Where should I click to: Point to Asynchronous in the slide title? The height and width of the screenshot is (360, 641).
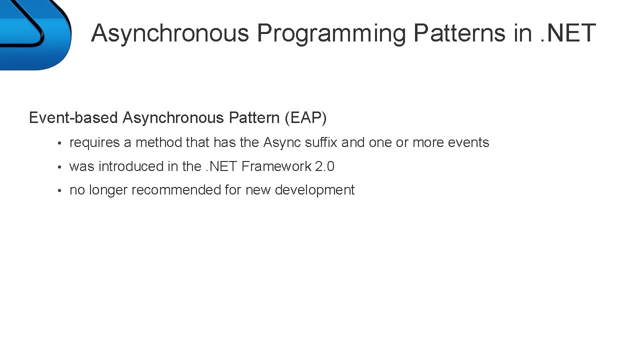pyautogui.click(x=170, y=33)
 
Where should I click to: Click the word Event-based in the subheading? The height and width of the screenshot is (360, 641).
pyautogui.click(x=73, y=118)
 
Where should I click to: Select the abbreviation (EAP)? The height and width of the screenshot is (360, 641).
pyautogui.click(x=305, y=118)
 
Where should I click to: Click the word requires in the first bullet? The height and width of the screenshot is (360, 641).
pyautogui.click(x=94, y=143)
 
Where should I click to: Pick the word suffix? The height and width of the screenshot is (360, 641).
pyautogui.click(x=321, y=143)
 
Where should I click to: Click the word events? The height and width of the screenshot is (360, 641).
pyautogui.click(x=468, y=143)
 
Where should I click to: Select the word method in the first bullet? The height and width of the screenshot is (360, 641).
pyautogui.click(x=158, y=143)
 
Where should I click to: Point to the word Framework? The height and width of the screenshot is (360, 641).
pyautogui.click(x=276, y=166)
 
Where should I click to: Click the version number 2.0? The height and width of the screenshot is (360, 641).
pyautogui.click(x=324, y=166)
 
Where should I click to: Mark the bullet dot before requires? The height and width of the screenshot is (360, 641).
pyautogui.click(x=59, y=143)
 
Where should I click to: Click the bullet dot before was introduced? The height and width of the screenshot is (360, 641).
pyautogui.click(x=59, y=167)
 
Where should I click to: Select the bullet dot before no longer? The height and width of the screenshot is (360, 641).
pyautogui.click(x=59, y=191)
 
